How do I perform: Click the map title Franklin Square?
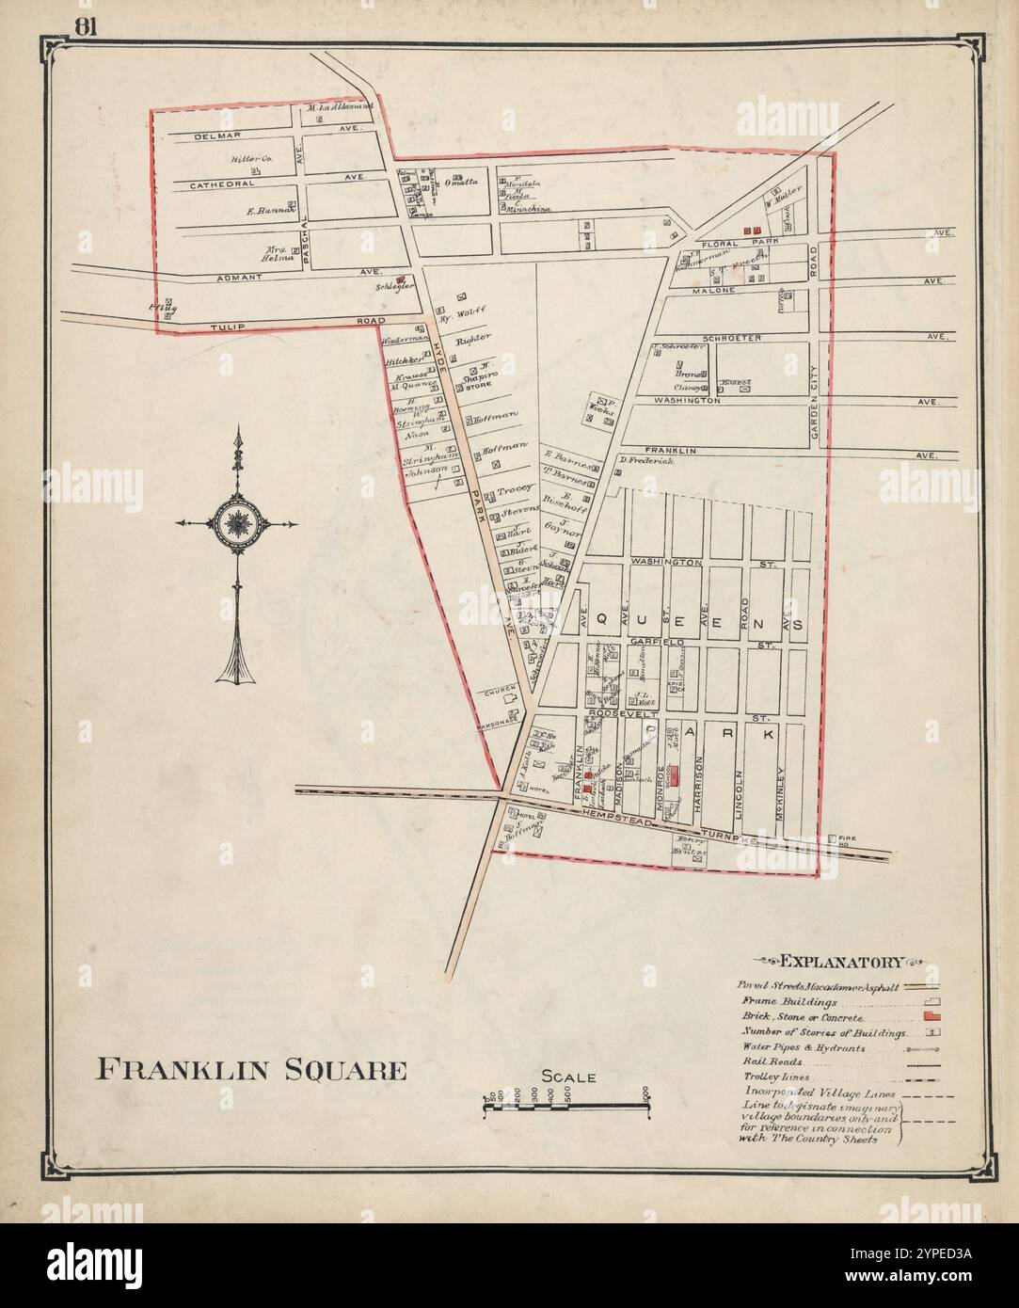tap(252, 1070)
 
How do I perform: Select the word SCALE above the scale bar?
tap(567, 1077)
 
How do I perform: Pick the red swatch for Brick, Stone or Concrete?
tap(933, 1018)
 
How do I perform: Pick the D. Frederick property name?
tap(647, 461)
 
